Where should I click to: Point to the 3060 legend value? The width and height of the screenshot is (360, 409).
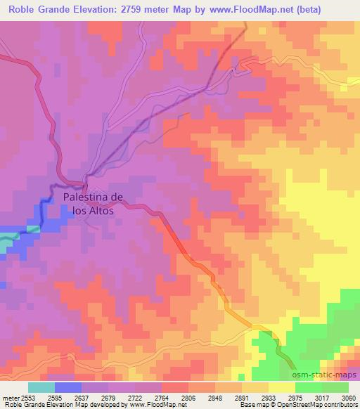click(349, 397)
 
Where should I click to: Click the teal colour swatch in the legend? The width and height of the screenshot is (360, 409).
click(41, 387)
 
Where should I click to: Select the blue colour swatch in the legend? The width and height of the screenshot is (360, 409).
click(68, 387)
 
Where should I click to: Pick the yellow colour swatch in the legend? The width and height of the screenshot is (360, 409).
click(282, 387)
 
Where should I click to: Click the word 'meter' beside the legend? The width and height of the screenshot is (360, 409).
click(9, 397)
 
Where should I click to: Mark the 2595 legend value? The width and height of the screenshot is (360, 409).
click(54, 397)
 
